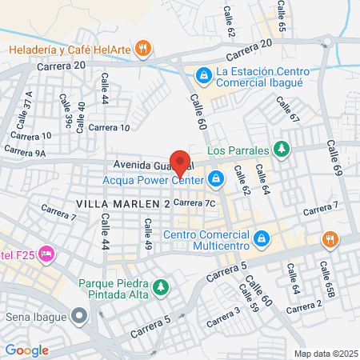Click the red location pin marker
click(181, 162)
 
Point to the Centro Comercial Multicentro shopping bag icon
click(261, 238)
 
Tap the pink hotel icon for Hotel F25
click(46, 254)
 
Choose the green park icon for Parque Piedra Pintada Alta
click(161, 286)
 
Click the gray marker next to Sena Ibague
click(78, 315)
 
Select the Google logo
click(26, 350)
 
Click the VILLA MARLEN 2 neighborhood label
click(123, 205)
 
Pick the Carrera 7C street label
click(195, 203)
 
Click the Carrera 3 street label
click(223, 317)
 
